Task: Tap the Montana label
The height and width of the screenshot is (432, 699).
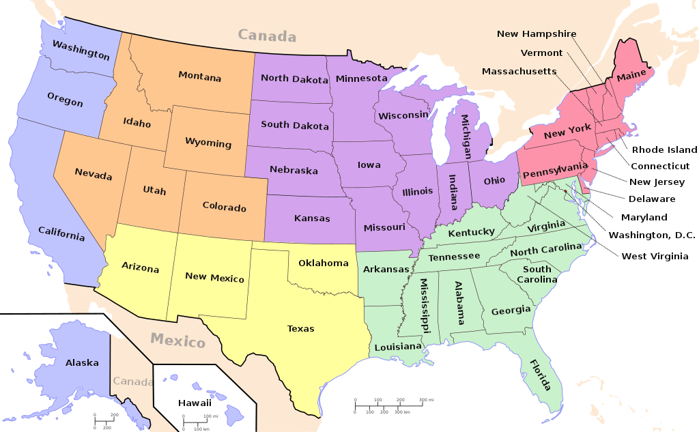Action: [x=199, y=76]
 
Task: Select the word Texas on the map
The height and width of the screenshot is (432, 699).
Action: [x=300, y=328]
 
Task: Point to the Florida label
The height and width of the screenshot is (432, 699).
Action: [x=540, y=375]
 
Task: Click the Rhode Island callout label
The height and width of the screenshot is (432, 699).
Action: [x=664, y=149]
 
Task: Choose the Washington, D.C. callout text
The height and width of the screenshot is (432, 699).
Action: [x=652, y=235]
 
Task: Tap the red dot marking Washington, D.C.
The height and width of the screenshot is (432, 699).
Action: [x=565, y=191]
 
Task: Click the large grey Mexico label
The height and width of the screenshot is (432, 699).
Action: [x=177, y=339]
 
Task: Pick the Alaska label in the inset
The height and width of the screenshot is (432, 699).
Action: [x=82, y=363]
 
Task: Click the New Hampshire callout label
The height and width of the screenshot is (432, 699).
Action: [x=536, y=33]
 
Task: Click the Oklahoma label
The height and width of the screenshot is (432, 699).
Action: [x=323, y=263]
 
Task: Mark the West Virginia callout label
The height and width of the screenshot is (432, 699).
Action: [x=655, y=256]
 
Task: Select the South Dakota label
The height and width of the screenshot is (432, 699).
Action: [x=295, y=126]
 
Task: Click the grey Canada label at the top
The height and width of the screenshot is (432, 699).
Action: [x=267, y=35]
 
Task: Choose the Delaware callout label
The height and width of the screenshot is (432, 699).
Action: [x=652, y=199]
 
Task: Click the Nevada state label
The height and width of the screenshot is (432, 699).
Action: [x=94, y=175]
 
